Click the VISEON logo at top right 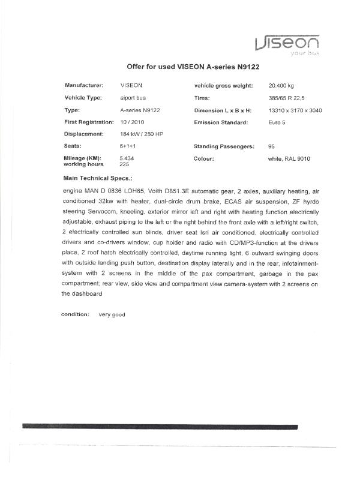pos(286,43)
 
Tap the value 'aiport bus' pos(133,97)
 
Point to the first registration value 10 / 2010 pos(133,122)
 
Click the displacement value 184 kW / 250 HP pos(142,134)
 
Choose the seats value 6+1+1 pos(128,146)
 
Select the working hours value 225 pos(125,164)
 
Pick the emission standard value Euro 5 pos(277,122)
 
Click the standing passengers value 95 pos(272,146)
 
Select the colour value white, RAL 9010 pos(289,158)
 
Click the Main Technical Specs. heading pos(98,178)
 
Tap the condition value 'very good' pos(112,314)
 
